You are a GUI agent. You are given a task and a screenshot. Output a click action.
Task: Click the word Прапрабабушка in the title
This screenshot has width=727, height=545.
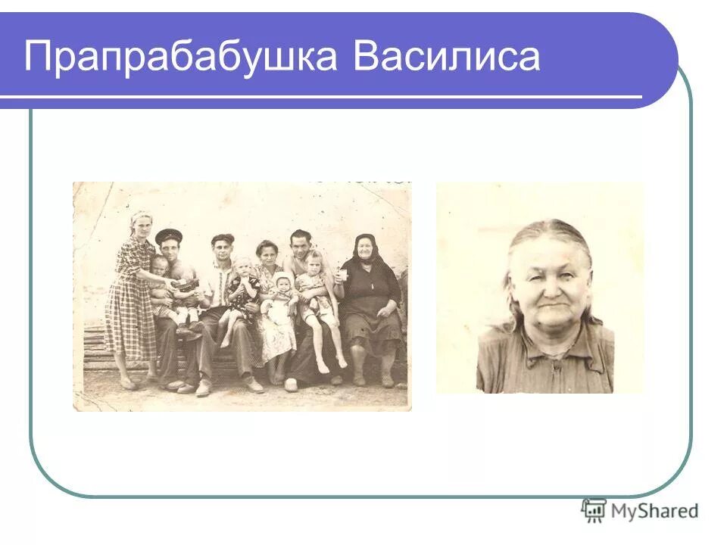179,57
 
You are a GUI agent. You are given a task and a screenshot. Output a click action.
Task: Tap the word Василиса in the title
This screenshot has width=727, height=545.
446,57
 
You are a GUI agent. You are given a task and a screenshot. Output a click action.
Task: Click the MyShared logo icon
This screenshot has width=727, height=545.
593,511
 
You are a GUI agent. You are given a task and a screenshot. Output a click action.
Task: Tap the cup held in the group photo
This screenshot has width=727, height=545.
342,276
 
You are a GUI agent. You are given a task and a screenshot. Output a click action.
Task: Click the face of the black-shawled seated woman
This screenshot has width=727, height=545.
364,249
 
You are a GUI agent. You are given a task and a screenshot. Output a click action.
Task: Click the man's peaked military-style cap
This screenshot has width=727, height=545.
168,236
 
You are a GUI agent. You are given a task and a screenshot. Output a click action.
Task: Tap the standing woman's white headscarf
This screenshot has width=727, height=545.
140,218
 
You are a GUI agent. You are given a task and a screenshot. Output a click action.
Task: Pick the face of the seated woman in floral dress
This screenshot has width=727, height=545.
267,254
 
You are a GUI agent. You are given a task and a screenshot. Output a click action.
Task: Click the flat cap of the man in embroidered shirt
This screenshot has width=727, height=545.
222,238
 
